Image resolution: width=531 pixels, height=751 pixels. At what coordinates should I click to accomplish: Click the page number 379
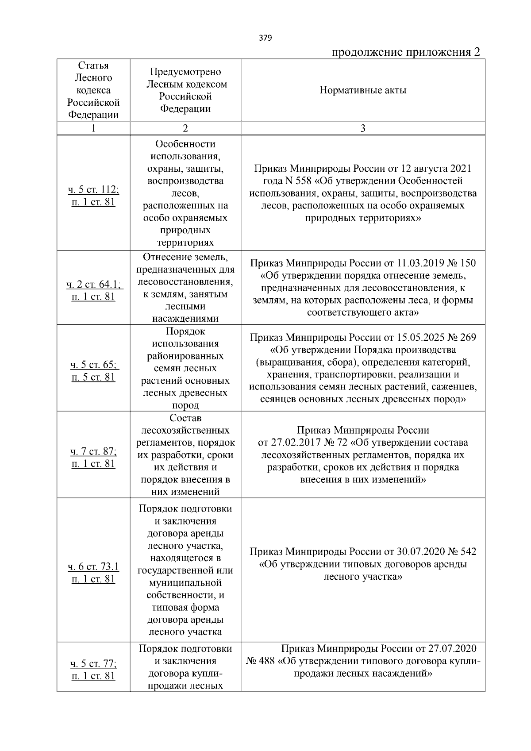coord(265,38)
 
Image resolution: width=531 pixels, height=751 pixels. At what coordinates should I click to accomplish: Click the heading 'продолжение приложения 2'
coord(406,53)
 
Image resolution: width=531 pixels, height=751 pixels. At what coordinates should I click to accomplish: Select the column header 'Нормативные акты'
coord(363,91)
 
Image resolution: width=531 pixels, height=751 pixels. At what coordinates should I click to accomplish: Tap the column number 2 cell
coord(185,128)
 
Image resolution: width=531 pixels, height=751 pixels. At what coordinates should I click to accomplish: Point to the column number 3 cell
coord(363,128)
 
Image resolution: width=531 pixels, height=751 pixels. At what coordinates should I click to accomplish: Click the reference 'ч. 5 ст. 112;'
coord(93,190)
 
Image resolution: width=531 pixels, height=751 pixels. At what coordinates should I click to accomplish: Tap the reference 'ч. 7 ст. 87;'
coord(93,451)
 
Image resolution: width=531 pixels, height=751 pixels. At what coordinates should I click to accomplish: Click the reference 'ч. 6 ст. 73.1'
coord(93,567)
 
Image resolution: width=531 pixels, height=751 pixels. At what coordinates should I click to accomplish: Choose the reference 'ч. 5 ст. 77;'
coord(93,664)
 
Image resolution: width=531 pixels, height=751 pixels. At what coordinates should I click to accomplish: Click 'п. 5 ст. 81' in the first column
coord(93,377)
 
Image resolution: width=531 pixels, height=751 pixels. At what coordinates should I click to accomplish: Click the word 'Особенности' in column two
coord(185,144)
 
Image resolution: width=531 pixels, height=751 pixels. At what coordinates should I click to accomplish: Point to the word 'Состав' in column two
coord(185,418)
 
